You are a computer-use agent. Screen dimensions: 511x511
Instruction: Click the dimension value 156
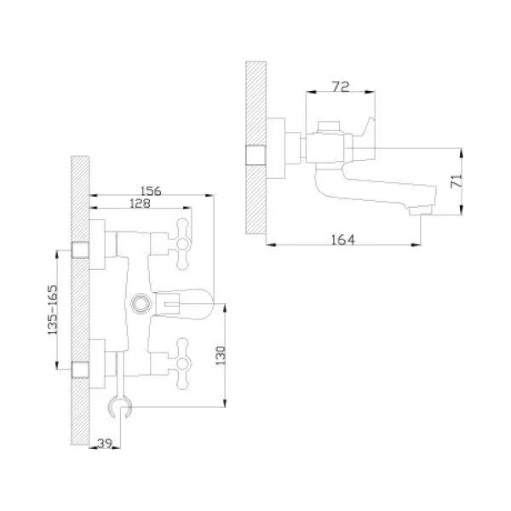click(151, 191)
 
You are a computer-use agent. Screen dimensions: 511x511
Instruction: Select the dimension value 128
click(140, 204)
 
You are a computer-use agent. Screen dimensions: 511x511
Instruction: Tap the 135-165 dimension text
click(53, 310)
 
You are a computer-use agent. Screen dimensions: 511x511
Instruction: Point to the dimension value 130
click(221, 355)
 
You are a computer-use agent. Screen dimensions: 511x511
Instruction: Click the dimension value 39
click(105, 443)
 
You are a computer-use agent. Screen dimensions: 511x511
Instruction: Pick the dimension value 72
click(341, 86)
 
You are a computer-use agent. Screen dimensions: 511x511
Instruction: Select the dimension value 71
click(456, 181)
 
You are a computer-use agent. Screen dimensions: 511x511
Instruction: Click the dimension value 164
click(343, 240)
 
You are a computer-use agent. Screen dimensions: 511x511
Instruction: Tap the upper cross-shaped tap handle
click(182, 244)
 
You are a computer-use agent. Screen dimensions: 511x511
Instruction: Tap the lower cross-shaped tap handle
click(182, 364)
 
